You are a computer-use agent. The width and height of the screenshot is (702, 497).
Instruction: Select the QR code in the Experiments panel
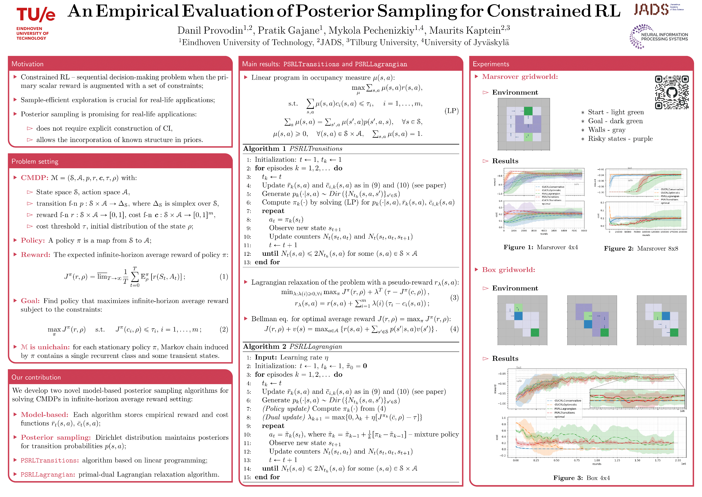(671, 92)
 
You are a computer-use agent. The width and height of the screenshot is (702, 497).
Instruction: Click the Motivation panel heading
(28, 64)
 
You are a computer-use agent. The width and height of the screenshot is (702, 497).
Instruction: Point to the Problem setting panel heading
(35, 161)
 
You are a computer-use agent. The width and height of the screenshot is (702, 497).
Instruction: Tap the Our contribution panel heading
(36, 377)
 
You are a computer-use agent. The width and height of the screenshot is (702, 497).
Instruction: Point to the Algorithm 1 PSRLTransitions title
(293, 149)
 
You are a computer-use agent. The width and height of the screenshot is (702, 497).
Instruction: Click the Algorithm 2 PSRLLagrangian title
(293, 346)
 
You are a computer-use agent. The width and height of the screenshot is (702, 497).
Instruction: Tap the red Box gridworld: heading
(509, 270)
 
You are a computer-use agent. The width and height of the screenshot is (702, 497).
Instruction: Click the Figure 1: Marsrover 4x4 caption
(541, 247)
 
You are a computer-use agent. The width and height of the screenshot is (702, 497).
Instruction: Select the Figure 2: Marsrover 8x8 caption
(641, 248)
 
